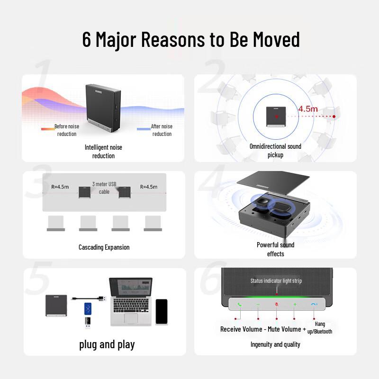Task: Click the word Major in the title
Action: coord(116,40)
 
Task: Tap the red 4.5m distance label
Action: coord(307,109)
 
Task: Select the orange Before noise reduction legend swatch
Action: coord(48,129)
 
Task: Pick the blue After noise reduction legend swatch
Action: coord(144,129)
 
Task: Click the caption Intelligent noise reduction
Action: coord(103,152)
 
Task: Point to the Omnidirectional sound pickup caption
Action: coord(275,151)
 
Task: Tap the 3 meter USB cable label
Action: coord(104,188)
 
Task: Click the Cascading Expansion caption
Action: coord(104,247)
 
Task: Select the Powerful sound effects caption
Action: coord(276,249)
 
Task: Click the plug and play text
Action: coord(107,345)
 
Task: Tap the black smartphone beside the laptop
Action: coord(162,312)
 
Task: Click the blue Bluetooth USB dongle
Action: coord(88,309)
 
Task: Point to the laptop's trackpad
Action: coord(131,318)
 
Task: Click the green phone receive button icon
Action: coord(240,305)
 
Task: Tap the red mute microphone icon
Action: coord(277,304)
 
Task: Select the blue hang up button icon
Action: coord(314,304)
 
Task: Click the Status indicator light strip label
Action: coord(276,281)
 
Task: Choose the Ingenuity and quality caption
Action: coord(275,344)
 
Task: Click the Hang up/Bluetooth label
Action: coord(319,328)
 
